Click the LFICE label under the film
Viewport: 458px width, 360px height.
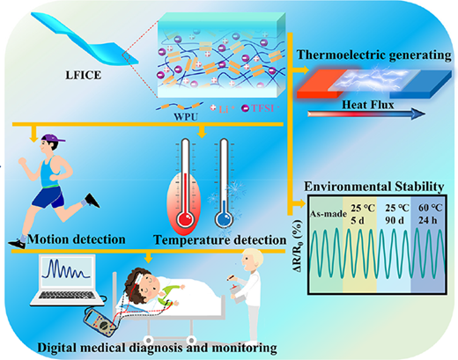click(84, 75)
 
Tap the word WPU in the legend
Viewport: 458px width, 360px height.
click(186, 117)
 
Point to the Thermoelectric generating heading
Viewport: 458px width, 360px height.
click(373, 55)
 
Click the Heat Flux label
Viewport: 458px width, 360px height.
click(368, 105)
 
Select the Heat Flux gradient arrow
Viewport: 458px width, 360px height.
click(366, 114)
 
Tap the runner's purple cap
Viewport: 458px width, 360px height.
click(52, 138)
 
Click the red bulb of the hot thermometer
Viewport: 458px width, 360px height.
click(185, 219)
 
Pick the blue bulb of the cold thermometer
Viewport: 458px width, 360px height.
click(224, 219)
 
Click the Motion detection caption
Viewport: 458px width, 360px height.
click(77, 239)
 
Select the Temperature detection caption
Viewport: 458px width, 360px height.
click(220, 239)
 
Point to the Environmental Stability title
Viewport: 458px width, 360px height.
click(373, 187)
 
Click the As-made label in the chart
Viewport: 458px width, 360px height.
click(329, 214)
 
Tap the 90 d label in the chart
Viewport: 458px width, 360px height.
click(395, 220)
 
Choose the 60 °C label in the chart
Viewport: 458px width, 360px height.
click(430, 208)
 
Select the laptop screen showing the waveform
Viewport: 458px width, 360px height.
click(67, 270)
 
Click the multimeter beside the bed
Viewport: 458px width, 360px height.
click(100, 323)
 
